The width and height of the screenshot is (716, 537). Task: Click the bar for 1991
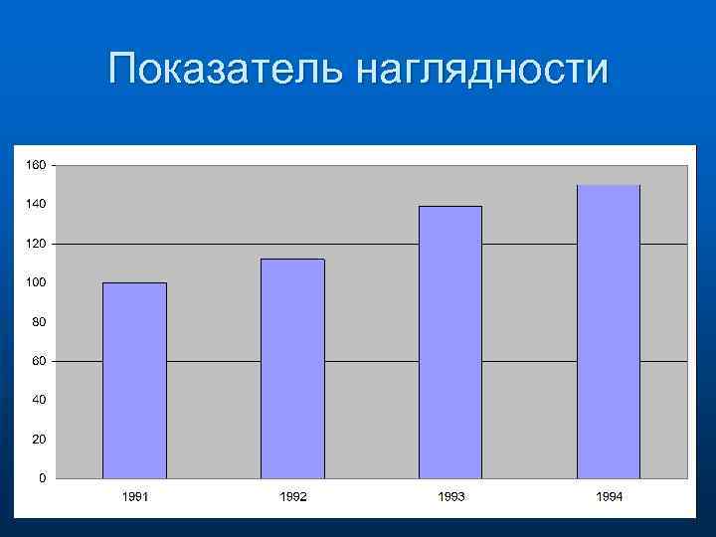(134, 381)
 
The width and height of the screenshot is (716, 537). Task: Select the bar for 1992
(292, 369)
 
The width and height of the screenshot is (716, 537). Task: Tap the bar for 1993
(449, 343)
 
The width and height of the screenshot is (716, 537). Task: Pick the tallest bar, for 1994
(609, 332)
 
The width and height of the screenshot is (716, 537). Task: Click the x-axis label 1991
(134, 496)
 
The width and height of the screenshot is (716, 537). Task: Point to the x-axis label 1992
(292, 496)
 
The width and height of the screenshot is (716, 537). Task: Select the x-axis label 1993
(450, 496)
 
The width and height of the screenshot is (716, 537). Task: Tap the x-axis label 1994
(609, 496)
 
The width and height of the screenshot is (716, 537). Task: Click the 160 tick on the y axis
(36, 165)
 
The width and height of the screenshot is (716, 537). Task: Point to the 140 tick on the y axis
(36, 204)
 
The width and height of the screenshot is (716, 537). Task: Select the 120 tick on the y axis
(36, 244)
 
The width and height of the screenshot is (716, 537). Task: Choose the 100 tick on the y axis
(36, 282)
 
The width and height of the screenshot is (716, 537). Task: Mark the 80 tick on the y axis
(39, 322)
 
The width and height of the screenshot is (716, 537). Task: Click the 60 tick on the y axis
(39, 361)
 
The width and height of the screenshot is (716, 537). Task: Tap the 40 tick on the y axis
(39, 400)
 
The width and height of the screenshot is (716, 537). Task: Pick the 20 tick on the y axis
(39, 439)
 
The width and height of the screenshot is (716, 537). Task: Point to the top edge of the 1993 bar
(449, 207)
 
